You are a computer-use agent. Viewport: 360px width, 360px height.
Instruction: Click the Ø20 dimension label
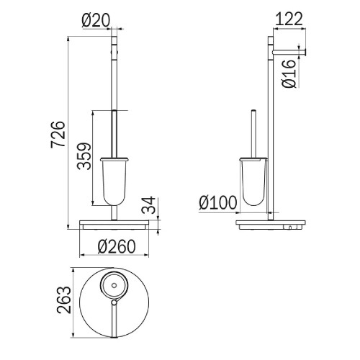(96, 20)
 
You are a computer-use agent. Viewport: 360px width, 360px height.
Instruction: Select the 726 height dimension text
(58, 134)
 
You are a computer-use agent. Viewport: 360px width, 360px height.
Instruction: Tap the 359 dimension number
(84, 156)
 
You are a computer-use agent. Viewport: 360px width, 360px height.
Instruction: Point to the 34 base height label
(148, 205)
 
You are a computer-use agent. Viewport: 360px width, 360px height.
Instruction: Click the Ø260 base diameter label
(117, 246)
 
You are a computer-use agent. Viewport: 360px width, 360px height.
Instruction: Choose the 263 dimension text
(64, 300)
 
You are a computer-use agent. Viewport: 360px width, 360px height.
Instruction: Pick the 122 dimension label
(289, 19)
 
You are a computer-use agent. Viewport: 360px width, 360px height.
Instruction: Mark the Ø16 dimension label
(289, 73)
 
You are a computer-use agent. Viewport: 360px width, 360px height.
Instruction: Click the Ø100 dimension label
(218, 203)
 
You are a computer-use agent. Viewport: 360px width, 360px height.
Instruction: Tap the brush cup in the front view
(114, 181)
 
